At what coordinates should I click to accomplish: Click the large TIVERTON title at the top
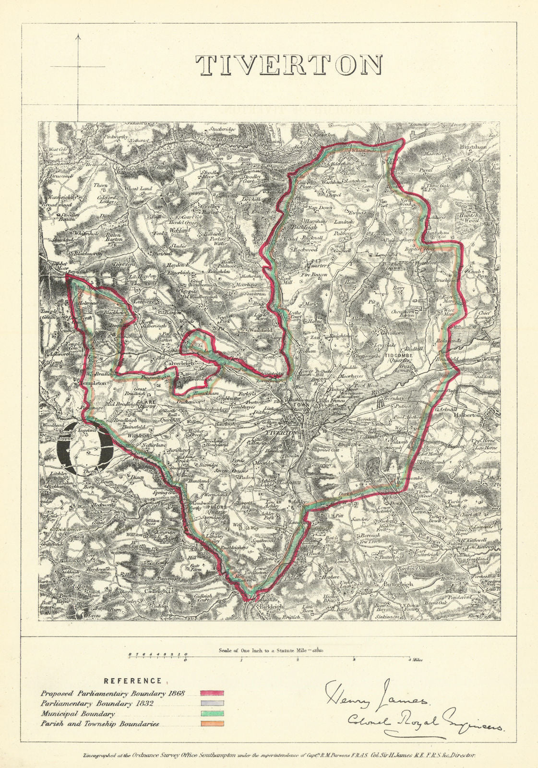point(289,65)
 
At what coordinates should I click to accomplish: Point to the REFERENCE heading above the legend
point(133,681)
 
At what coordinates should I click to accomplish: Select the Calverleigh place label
point(180,363)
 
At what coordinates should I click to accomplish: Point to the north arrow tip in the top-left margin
point(79,35)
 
